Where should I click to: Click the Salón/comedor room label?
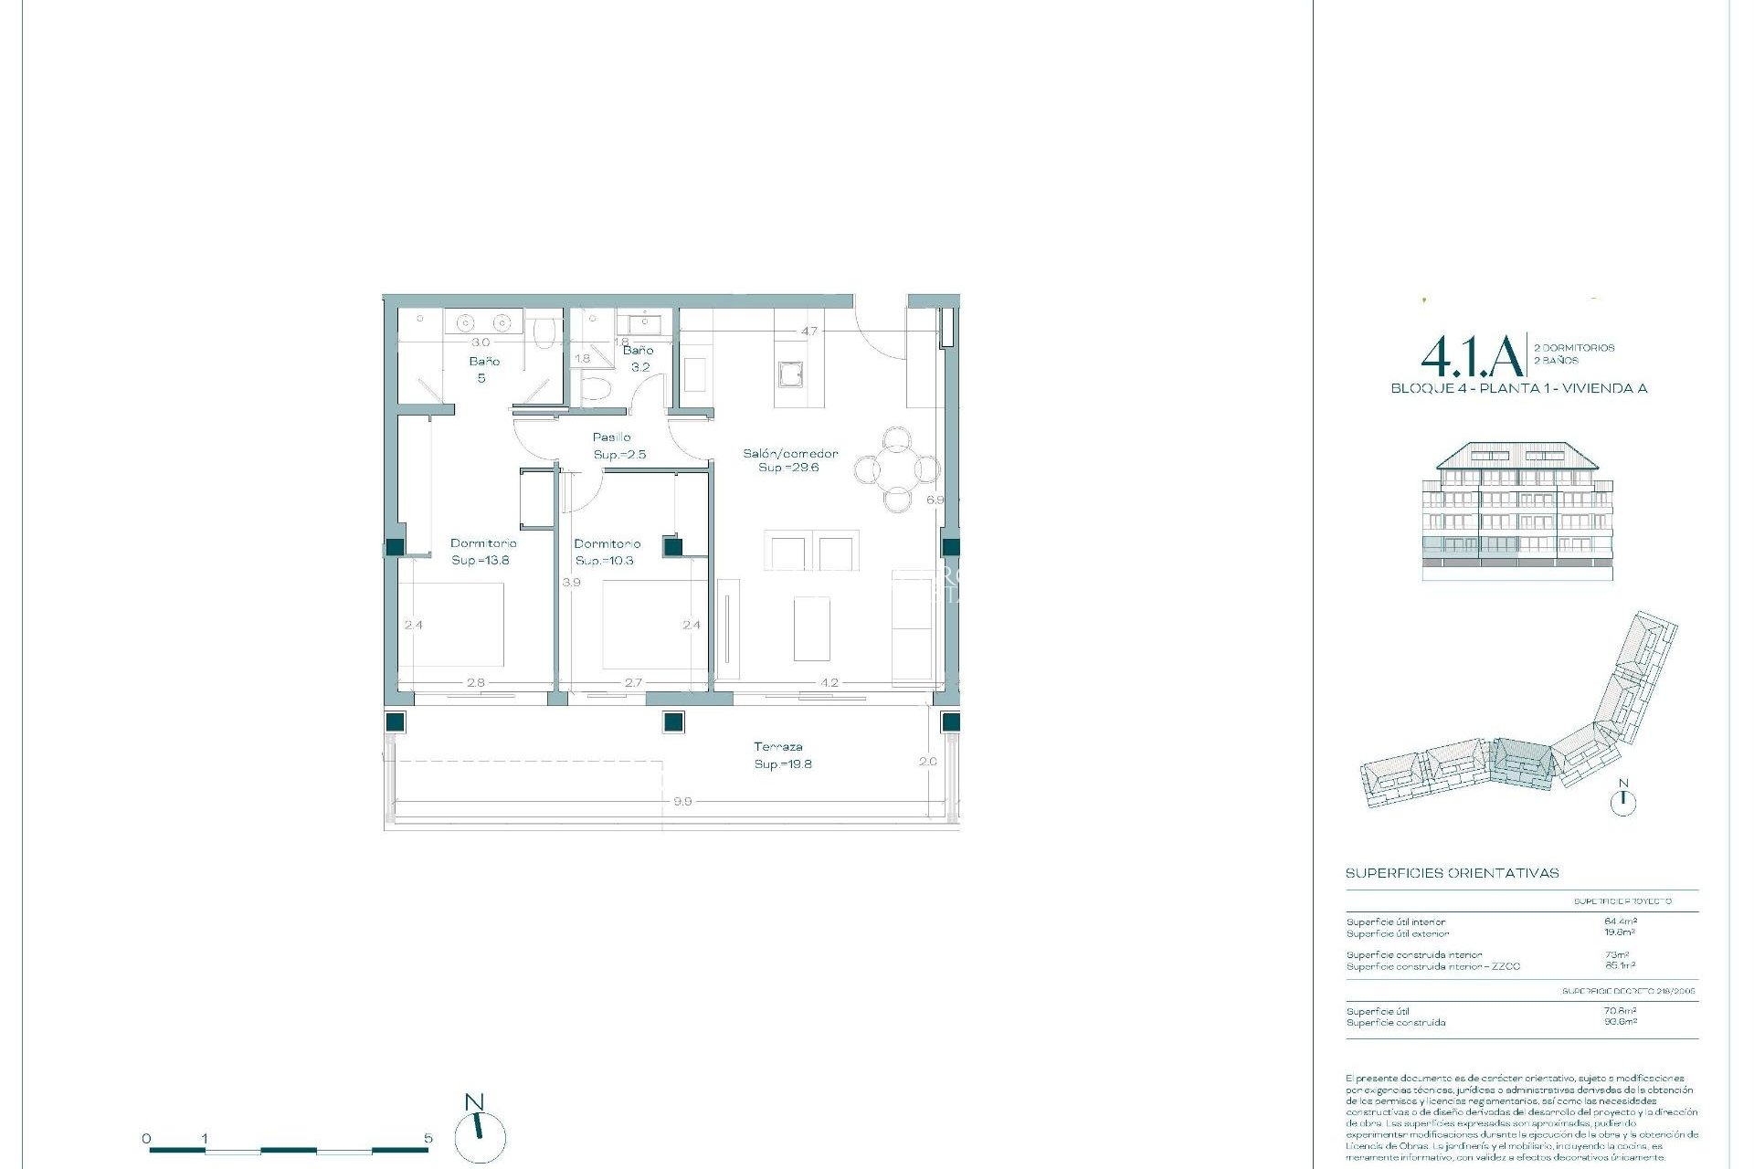(x=789, y=453)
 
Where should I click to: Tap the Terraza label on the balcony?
(x=778, y=746)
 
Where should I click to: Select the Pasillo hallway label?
(x=611, y=437)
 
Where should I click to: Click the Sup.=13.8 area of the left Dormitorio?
(x=480, y=560)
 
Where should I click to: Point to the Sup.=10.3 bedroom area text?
(x=604, y=560)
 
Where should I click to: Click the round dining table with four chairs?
(x=897, y=469)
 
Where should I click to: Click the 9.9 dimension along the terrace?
(x=682, y=801)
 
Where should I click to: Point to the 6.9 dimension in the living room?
(x=934, y=500)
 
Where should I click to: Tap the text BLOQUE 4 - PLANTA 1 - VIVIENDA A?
(x=1518, y=388)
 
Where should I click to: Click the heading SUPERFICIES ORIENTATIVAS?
(x=1452, y=873)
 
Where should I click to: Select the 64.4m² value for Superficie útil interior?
(x=1620, y=922)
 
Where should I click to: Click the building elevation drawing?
(x=1517, y=511)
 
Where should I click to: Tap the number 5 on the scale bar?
(x=428, y=1139)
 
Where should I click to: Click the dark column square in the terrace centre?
(x=673, y=721)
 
